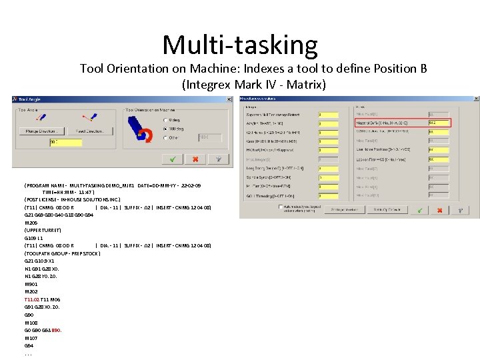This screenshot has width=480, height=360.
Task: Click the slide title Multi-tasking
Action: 240,45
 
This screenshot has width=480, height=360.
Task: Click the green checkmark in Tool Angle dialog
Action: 172,159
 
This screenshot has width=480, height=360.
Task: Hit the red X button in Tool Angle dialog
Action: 195,159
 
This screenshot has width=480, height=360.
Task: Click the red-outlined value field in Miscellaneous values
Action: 439,123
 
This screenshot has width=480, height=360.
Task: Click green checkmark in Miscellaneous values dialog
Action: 419,210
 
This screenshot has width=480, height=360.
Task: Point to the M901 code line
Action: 31,284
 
